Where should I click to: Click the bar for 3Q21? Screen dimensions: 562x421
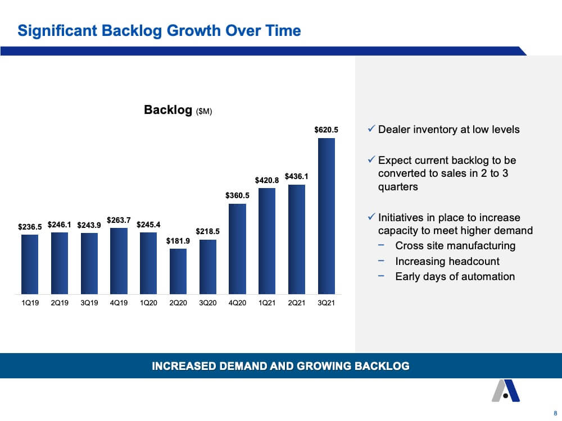[x=326, y=216]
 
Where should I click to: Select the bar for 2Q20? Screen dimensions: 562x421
[x=178, y=271]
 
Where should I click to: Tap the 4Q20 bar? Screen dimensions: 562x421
[x=237, y=249]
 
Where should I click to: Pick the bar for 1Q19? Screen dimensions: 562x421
[x=30, y=264]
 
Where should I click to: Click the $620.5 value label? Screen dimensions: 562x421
[x=326, y=130]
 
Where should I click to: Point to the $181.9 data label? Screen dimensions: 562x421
[x=178, y=241]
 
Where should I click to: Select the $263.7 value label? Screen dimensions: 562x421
[x=119, y=220]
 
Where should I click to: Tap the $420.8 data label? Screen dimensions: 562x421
[x=266, y=180]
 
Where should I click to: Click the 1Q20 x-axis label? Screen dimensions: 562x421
[x=148, y=303]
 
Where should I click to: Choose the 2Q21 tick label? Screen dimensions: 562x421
[x=296, y=303]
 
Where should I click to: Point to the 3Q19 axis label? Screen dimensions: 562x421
[x=89, y=303]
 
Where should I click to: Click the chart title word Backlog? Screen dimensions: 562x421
[x=168, y=110]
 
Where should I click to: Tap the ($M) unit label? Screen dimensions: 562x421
[x=204, y=111]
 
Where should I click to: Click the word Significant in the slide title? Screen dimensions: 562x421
[x=57, y=31]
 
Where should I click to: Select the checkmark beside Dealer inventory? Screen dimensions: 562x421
[x=371, y=129]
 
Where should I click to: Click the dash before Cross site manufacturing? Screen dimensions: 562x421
[x=381, y=245]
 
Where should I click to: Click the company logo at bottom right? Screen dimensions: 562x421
[x=505, y=391]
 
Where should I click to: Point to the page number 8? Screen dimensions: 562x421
[x=556, y=413]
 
